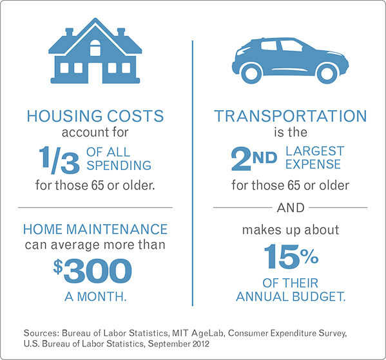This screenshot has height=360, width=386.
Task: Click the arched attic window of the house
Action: click(95, 48)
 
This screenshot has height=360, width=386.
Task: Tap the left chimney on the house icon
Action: click(70, 32)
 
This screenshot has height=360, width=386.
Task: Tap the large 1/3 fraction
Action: click(59, 160)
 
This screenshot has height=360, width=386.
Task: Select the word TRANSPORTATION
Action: click(291, 116)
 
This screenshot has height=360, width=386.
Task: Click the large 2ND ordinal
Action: click(254, 158)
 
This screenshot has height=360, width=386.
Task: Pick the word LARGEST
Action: click(314, 151)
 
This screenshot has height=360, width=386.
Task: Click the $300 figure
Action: click(93, 270)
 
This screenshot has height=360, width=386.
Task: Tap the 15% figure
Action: click(291, 256)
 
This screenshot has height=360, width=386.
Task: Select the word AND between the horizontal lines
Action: click(291, 208)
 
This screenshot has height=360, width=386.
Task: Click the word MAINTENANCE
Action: click(117, 229)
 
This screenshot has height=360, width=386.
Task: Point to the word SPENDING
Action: click(119, 165)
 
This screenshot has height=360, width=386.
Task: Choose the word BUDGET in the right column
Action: click(319, 296)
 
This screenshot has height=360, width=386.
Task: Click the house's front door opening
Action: click(95, 73)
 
